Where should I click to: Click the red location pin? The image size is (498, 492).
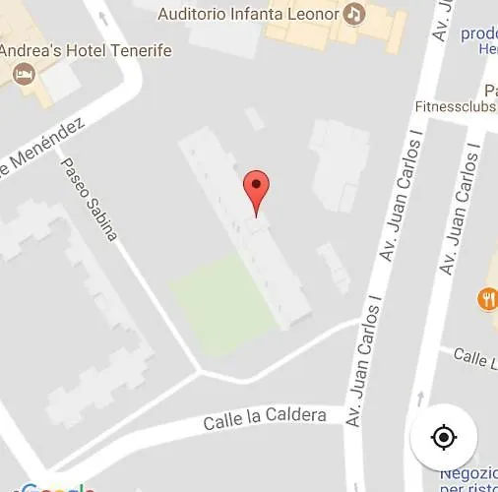click(256, 188)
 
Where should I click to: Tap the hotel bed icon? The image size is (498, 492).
click(23, 74)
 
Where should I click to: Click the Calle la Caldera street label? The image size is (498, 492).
click(265, 419)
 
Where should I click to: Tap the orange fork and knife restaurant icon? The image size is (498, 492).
click(487, 297)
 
